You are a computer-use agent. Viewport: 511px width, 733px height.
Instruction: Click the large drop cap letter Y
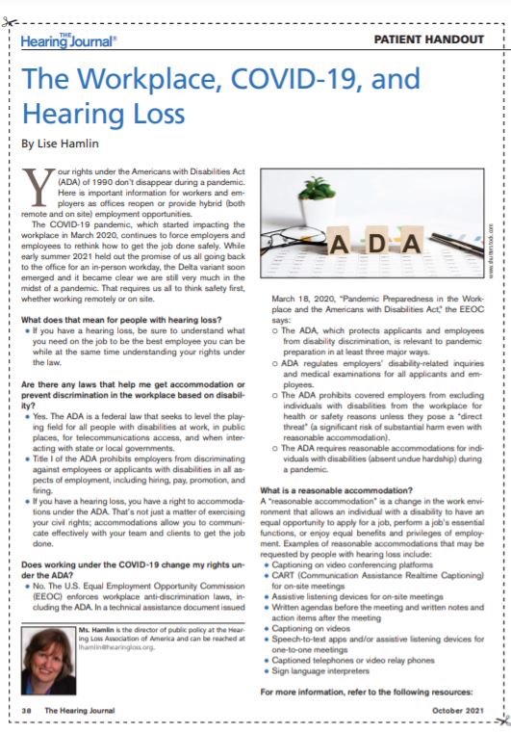pos(33,183)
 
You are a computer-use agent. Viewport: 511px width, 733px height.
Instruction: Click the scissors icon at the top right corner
pos(498,19)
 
